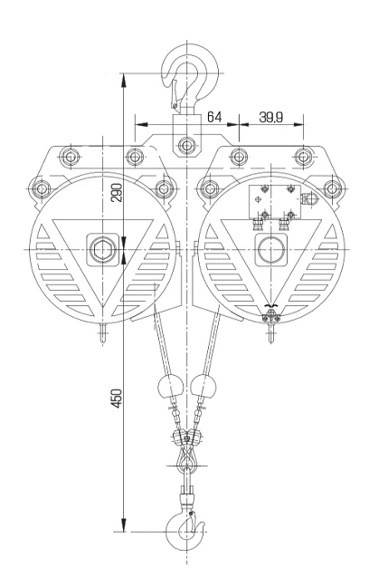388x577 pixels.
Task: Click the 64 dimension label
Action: (x=215, y=116)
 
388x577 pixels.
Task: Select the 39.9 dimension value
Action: (x=272, y=116)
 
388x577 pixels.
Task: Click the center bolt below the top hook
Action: (x=186, y=143)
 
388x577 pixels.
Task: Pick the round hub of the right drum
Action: (x=270, y=250)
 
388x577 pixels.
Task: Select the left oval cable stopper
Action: (x=166, y=387)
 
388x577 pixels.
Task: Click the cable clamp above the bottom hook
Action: (x=186, y=440)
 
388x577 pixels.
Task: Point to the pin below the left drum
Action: (x=101, y=332)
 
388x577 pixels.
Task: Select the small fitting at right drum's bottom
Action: (x=270, y=316)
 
